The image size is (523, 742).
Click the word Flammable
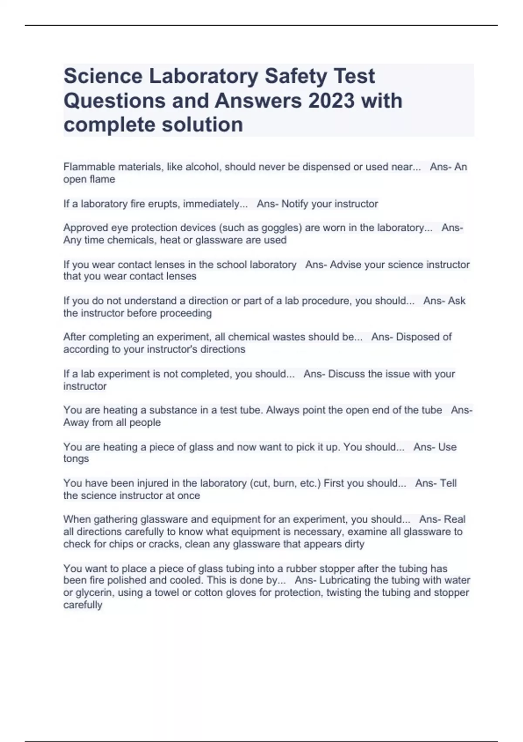(89, 167)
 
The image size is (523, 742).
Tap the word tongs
(76, 459)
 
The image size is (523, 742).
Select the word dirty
(353, 544)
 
